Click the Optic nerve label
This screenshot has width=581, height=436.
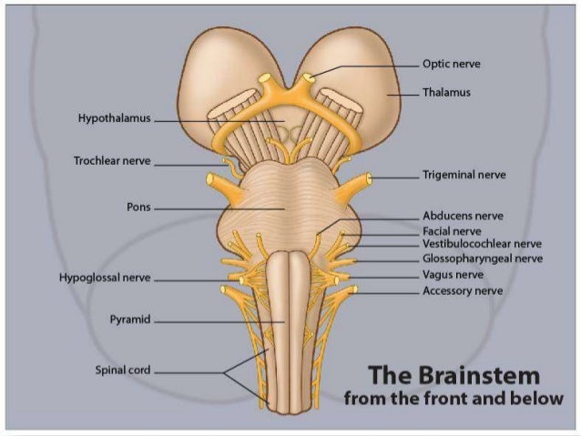451,65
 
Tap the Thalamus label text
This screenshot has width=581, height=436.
446,93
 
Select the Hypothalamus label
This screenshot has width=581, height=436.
114,119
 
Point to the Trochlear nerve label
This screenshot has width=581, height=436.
112,161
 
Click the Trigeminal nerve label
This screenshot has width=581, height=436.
464,175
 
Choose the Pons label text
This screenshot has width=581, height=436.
138,208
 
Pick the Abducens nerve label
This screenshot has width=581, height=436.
463,216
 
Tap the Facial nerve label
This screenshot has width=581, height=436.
451,231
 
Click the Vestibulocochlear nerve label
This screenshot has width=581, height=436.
482,244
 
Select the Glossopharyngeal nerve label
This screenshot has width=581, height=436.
483,259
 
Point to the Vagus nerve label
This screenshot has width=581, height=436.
453,274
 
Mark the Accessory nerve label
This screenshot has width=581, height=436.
462,291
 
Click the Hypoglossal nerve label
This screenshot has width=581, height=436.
105,278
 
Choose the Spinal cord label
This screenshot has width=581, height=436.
123,370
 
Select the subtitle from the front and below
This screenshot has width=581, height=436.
453,399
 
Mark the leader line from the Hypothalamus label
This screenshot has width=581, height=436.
219,119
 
